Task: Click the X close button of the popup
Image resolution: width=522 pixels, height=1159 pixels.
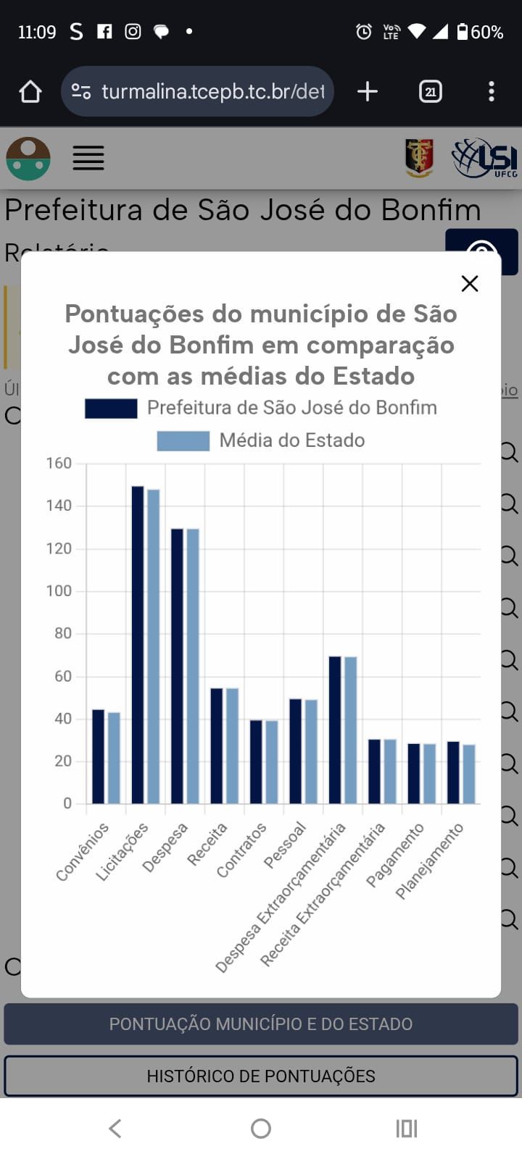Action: click(x=470, y=283)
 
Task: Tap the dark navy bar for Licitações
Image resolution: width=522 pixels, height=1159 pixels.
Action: click(x=138, y=645)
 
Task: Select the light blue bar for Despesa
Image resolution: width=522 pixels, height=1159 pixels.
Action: click(x=193, y=666)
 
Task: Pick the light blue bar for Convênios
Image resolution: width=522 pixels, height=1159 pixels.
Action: click(x=114, y=758)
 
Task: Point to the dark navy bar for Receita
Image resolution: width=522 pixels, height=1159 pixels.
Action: click(x=217, y=746)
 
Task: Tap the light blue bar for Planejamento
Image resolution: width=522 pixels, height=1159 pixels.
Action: click(x=469, y=774)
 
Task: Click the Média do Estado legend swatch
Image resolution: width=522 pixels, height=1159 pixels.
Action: click(x=183, y=440)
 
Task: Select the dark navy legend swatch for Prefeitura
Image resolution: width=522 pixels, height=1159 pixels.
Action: click(x=111, y=409)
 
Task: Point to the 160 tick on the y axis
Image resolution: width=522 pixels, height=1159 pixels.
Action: click(x=59, y=464)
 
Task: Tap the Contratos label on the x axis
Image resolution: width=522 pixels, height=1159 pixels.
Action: click(x=242, y=849)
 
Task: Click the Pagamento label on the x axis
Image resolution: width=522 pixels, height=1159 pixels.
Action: click(x=395, y=854)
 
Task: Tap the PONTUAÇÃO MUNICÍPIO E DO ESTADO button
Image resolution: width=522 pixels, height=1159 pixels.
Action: click(x=261, y=1024)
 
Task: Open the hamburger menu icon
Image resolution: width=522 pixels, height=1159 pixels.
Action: click(x=88, y=158)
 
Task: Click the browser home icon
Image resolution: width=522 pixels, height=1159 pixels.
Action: click(x=30, y=91)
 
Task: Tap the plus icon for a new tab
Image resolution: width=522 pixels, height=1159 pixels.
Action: click(x=368, y=91)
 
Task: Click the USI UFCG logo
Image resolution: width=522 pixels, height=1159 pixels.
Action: click(x=484, y=158)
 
